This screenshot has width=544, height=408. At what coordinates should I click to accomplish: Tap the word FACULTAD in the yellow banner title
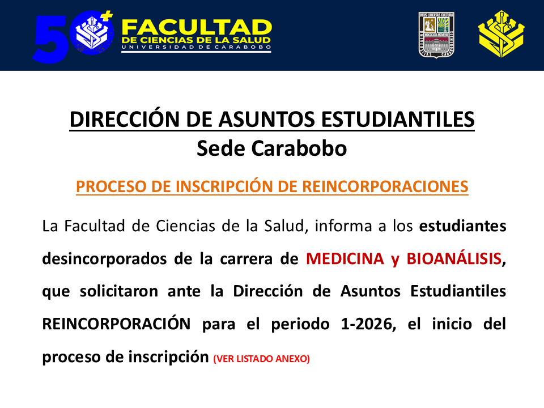[x=197, y=27]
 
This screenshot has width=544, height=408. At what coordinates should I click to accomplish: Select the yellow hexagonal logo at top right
[x=501, y=35]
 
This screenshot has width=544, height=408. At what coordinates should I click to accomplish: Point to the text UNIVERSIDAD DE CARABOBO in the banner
[x=196, y=48]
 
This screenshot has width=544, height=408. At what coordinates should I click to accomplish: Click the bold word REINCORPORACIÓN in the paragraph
[x=116, y=324]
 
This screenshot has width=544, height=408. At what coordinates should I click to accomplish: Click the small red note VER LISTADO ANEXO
[x=261, y=359]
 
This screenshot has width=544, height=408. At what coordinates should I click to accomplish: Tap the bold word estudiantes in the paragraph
[x=462, y=226]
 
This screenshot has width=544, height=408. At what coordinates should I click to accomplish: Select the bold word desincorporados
[x=108, y=259]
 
